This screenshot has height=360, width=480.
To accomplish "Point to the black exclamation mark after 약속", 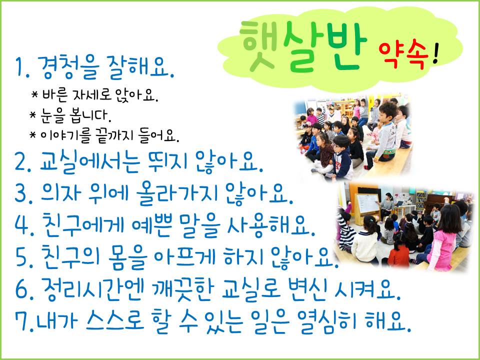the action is pos(436,54).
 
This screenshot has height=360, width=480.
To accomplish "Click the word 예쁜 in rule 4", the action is pos(150,226).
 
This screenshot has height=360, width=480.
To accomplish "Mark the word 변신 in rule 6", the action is pos(306,289).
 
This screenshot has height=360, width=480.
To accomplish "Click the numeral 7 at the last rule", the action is pos(21,321).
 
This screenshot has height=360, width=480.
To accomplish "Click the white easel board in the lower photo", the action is pos(367,203).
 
